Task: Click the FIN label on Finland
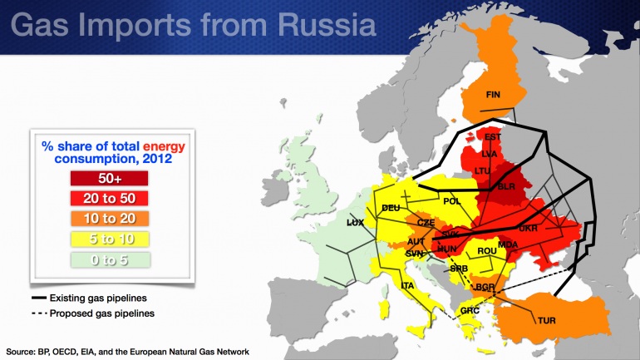coord(492,94)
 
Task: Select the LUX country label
coord(356,224)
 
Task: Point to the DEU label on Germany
coord(391,208)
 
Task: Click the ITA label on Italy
coord(408,286)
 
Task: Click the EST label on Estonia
coord(493,137)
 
